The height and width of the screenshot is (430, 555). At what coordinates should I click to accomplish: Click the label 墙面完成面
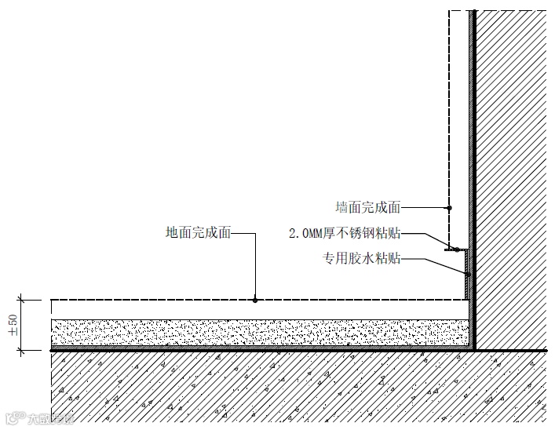pyautogui.click(x=367, y=208)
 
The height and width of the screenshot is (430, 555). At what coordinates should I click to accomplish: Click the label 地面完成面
pyautogui.click(x=199, y=232)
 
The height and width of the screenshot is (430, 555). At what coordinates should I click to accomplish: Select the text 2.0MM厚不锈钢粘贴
pyautogui.click(x=345, y=233)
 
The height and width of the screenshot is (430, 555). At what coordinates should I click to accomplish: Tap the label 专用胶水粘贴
pyautogui.click(x=362, y=257)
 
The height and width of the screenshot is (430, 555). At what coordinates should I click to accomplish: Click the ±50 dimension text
pyautogui.click(x=13, y=325)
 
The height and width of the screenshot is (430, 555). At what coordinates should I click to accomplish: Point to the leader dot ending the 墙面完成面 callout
pyautogui.click(x=449, y=208)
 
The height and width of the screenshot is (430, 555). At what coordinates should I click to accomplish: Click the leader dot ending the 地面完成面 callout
pyautogui.click(x=255, y=299)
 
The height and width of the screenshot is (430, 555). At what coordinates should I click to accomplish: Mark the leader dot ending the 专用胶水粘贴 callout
pyautogui.click(x=467, y=275)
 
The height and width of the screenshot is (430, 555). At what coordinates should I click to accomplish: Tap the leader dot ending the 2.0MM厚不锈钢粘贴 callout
pyautogui.click(x=456, y=250)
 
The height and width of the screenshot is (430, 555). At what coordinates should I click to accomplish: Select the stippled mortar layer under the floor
pyautogui.click(x=259, y=332)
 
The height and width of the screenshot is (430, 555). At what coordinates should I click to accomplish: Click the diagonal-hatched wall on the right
pyautogui.click(x=514, y=173)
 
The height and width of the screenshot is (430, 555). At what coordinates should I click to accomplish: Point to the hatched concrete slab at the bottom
pyautogui.click(x=275, y=388)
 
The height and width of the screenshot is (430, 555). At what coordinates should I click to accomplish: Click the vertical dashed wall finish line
pyautogui.click(x=449, y=118)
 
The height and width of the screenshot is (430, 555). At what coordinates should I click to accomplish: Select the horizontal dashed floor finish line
pyautogui.click(x=157, y=299)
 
